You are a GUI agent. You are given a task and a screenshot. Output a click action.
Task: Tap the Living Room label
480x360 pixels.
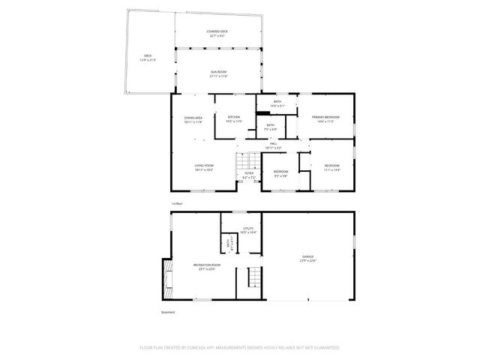(x=204, y=168)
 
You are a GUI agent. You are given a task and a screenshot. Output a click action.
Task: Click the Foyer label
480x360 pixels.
(x=248, y=175)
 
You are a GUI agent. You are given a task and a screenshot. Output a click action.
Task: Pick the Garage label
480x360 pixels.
(x=308, y=259)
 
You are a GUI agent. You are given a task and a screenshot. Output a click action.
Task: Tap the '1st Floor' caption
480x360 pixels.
(x=177, y=203)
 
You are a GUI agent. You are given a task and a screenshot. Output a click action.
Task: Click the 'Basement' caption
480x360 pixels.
(x=168, y=313)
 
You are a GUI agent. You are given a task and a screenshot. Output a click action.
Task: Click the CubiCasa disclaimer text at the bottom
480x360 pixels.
(x=240, y=348)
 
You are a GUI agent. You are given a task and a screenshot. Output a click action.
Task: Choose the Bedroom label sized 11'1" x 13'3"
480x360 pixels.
(x=332, y=167)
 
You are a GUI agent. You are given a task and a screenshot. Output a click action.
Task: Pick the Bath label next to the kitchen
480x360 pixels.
(x=270, y=127)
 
